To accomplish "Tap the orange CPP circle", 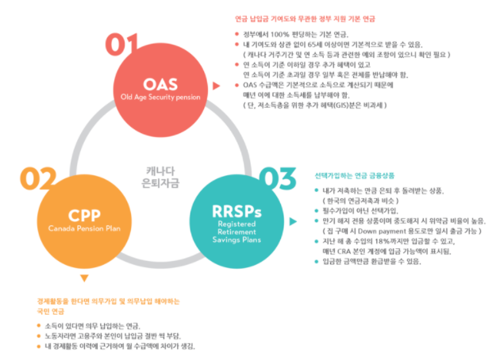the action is pyautogui.click(x=83, y=220).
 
